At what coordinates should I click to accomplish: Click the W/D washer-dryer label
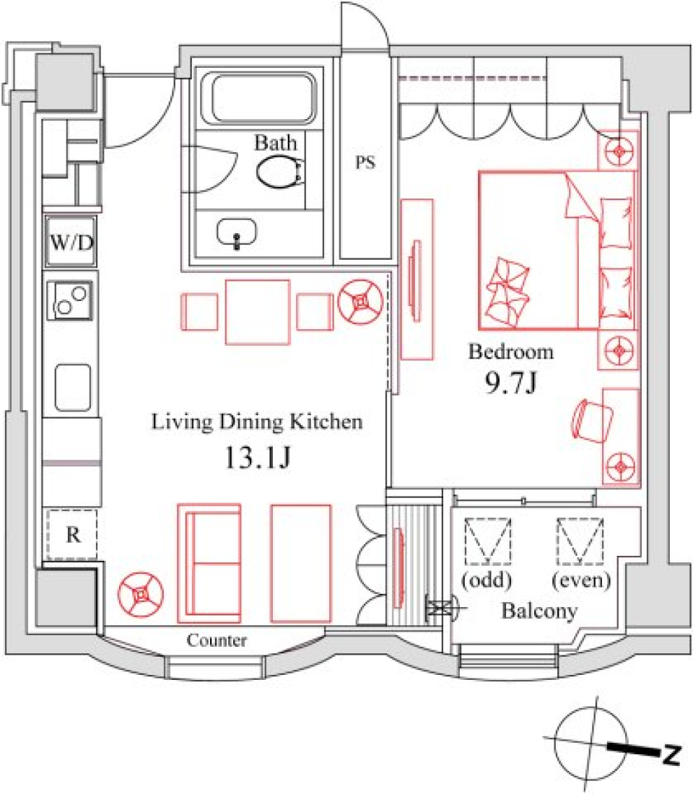point(71,243)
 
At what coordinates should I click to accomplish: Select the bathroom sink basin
point(237,232)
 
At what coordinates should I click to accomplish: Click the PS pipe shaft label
point(366,163)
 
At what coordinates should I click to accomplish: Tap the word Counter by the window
point(217,640)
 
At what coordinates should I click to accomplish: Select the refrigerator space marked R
point(72,535)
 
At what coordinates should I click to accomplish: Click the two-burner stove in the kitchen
point(71,300)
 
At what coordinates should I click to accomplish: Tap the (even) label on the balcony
point(581,580)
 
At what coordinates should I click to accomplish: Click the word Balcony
point(540,612)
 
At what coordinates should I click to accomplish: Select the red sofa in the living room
point(209,562)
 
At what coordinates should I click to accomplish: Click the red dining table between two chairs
point(258,312)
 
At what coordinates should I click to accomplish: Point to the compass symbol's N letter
point(672,756)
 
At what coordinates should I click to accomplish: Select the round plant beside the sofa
point(140,593)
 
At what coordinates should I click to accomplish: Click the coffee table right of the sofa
point(301,562)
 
